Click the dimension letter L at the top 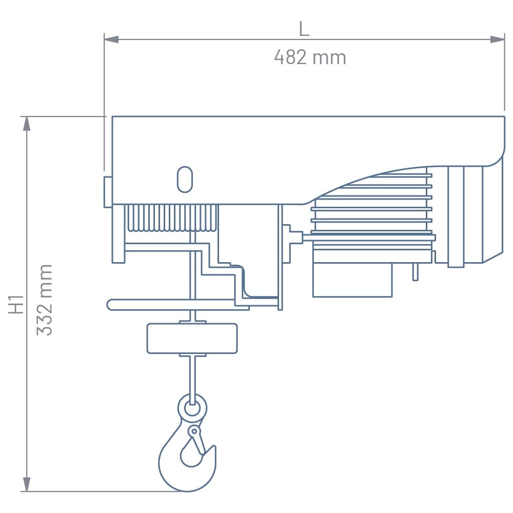[x=304, y=29]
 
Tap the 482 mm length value [x=310, y=57]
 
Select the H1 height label [x=17, y=303]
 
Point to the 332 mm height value [x=45, y=300]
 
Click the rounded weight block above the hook [x=192, y=338]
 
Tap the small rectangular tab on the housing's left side [x=108, y=192]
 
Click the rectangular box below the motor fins [x=352, y=280]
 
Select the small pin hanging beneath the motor [x=415, y=272]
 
